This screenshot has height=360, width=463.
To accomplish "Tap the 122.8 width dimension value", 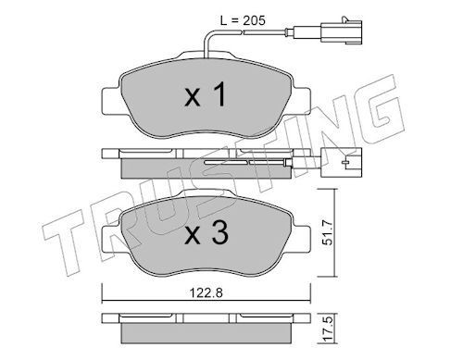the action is coord(206,292).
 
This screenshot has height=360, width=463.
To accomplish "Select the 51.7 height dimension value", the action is coord(328,232).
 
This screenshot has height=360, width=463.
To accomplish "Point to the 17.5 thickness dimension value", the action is coord(328,329).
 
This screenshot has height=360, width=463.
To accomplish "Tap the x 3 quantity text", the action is coord(206,232).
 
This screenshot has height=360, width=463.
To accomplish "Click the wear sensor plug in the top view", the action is coord(341,31).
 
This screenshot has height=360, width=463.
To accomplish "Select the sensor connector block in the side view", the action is coord(341,162).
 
